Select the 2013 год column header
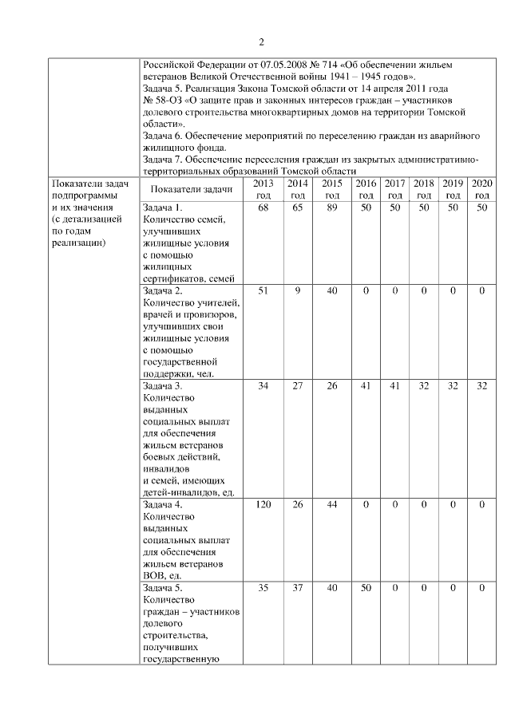point(263,189)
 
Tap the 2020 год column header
point(482,189)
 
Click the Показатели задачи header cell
point(191,189)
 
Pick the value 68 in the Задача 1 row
point(263,207)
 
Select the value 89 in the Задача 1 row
point(331,207)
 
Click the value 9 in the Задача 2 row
point(297,291)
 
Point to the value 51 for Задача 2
point(263,291)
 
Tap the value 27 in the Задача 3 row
point(297,386)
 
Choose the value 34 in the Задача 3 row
point(263,386)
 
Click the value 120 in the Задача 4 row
point(263,505)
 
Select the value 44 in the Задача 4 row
point(331,505)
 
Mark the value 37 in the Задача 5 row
point(297,588)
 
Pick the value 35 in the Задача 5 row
point(263,588)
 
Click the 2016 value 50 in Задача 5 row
point(366,588)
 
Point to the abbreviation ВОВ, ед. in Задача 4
point(164,573)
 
